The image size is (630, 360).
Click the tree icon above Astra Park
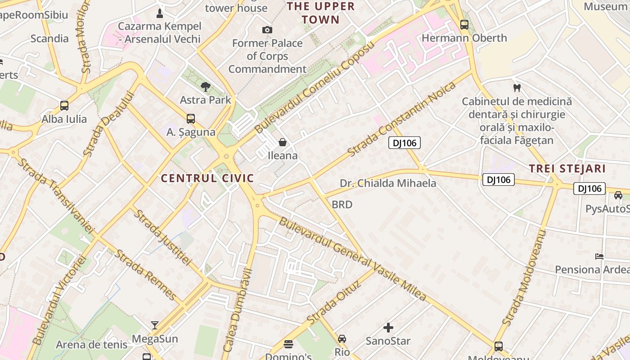(206, 86)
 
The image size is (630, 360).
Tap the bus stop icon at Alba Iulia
(64, 106)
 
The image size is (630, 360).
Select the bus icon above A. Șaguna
(191, 119)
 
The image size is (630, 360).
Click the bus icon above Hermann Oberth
(464, 25)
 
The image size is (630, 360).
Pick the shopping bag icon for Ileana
(283, 143)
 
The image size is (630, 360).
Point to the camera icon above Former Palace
(267, 30)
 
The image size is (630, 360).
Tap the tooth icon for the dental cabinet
(517, 88)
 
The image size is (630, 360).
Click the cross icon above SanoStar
(388, 328)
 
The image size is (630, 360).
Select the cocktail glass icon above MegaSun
(155, 325)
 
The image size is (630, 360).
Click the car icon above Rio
(342, 338)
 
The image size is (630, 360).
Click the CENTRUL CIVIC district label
(207, 178)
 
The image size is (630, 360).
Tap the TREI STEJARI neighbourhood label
(567, 169)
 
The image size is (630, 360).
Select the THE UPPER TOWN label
(321, 13)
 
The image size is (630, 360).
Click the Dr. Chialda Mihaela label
(388, 183)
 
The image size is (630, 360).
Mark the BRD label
(342, 205)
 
